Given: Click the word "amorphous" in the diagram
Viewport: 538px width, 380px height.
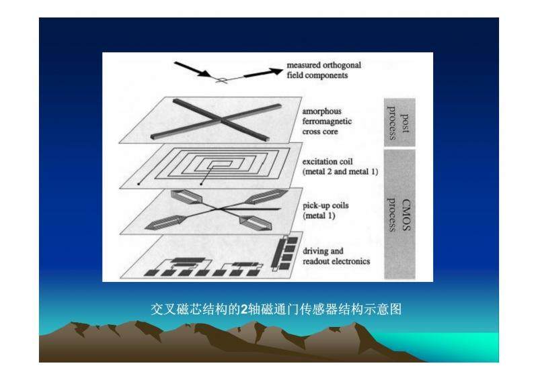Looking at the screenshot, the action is click(x=322, y=111).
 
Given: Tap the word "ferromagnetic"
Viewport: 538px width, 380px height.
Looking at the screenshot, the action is click(x=327, y=122).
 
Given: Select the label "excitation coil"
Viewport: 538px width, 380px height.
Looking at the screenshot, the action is click(x=328, y=161).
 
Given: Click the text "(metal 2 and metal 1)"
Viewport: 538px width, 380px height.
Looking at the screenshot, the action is click(x=340, y=172).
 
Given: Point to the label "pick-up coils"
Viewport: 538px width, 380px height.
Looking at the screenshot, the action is click(x=325, y=205).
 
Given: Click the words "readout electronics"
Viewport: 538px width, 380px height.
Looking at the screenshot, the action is click(x=336, y=261).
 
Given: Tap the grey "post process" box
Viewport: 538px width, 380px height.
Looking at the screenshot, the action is click(x=399, y=122).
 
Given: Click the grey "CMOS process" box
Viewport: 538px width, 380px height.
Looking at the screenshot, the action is click(x=399, y=214).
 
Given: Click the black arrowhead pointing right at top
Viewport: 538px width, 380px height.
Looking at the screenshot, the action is click(x=276, y=71).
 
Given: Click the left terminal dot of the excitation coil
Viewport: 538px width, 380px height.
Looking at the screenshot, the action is click(x=139, y=184).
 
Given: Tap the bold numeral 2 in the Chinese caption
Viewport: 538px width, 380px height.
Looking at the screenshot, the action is click(x=243, y=310).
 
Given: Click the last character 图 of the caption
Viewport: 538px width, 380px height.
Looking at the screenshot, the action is click(x=395, y=310).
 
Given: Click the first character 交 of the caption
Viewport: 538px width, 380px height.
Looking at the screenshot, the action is click(x=157, y=310).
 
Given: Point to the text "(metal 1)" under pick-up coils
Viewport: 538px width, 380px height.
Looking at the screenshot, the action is click(x=319, y=216).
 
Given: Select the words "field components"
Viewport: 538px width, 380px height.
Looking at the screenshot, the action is click(x=317, y=75).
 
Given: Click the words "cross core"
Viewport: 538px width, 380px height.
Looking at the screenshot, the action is click(x=320, y=132).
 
